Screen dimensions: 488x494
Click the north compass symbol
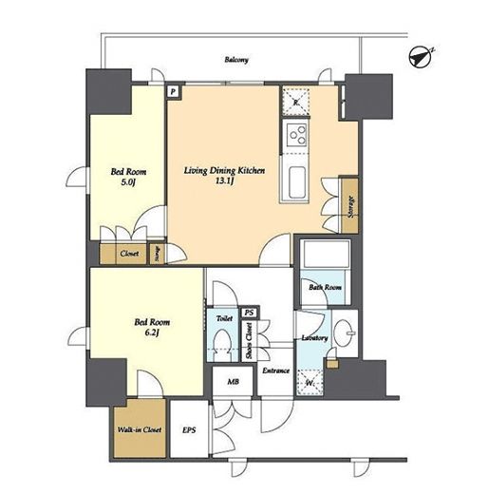tap(421, 57)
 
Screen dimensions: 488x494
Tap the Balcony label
tap(236, 60)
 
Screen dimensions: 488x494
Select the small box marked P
tap(173, 92)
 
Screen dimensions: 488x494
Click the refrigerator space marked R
tap(296, 102)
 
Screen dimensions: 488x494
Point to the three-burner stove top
tap(297, 135)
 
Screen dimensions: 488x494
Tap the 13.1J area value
tap(224, 181)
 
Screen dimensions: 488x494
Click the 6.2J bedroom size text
tap(152, 333)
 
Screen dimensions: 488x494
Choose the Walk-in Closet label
tap(140, 429)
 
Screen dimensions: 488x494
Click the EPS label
tap(189, 430)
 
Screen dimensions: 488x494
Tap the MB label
tap(234, 382)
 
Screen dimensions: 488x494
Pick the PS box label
tap(250, 313)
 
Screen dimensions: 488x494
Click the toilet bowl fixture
tap(222, 345)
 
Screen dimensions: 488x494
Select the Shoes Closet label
tap(250, 341)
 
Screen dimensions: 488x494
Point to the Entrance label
tap(276, 370)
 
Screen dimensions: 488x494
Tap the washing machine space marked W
tap(310, 383)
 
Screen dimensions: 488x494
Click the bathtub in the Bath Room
tap(325, 254)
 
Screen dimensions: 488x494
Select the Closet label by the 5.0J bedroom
tap(129, 254)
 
